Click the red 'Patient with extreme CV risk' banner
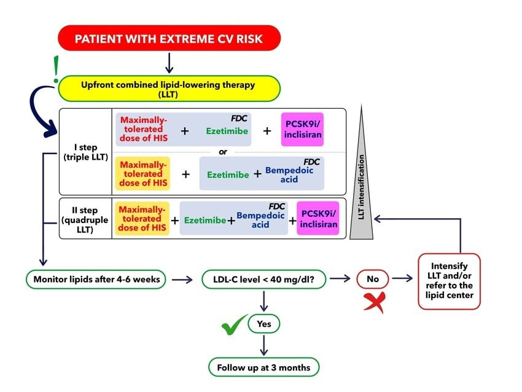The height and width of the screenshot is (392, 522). [169, 38]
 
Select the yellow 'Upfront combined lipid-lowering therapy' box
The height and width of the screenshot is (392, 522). [169, 88]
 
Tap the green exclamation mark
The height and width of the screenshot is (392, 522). [56, 69]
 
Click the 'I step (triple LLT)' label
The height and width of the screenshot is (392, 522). [86, 152]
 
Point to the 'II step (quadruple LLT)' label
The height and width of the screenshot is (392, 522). [85, 220]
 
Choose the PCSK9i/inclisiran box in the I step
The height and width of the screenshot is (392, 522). [302, 130]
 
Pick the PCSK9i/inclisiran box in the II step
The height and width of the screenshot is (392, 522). [318, 219]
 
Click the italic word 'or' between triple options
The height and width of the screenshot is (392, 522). [223, 152]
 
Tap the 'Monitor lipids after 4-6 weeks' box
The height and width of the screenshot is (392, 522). [96, 279]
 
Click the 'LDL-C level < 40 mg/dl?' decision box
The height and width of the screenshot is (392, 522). [263, 279]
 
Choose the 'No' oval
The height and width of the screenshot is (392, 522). [373, 279]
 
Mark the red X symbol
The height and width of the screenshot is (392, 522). [375, 302]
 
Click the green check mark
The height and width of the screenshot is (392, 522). [234, 324]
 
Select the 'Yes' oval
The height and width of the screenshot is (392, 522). [263, 324]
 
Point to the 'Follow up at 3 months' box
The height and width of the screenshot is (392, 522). [263, 367]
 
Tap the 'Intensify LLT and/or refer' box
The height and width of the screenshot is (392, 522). [449, 281]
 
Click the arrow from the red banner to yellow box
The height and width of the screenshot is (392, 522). [169, 63]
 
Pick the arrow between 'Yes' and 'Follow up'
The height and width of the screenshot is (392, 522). [263, 345]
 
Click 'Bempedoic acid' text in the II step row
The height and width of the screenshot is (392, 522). [260, 220]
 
